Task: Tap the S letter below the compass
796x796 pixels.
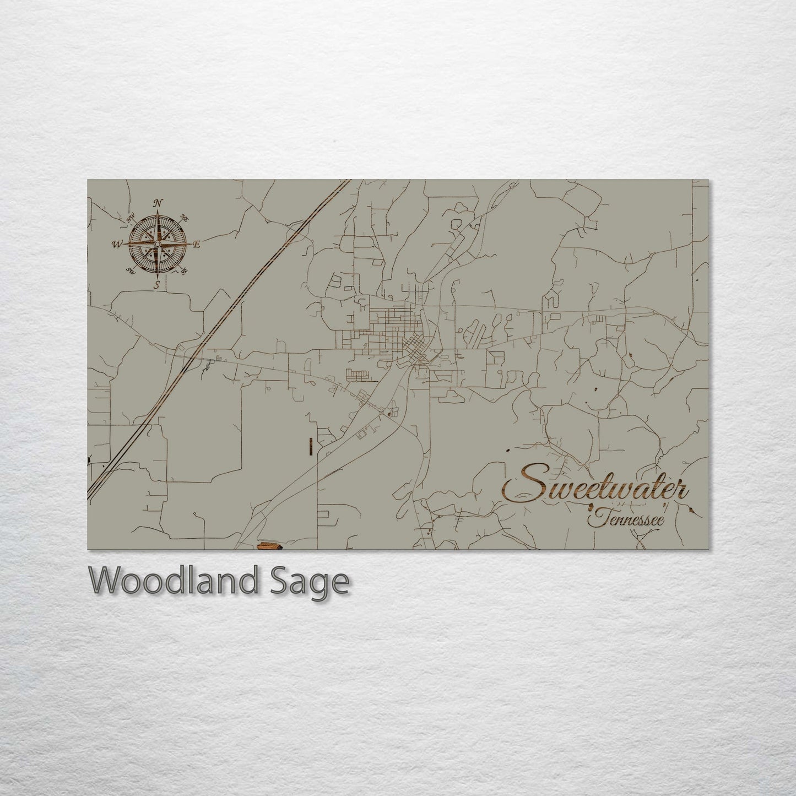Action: [157, 284]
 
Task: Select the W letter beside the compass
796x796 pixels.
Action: [117, 243]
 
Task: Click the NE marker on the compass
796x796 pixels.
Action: [185, 219]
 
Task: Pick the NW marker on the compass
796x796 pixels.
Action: [131, 219]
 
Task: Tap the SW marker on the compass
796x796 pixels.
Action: [131, 270]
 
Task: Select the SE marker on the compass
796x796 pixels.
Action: [185, 270]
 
